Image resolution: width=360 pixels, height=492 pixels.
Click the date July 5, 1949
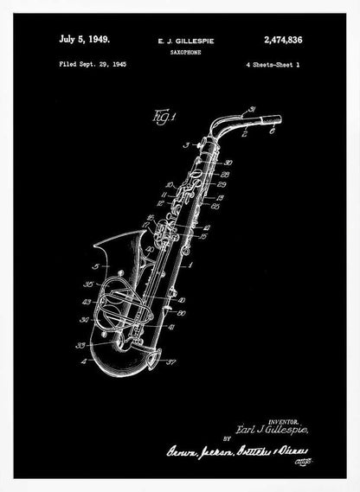[x=84, y=38]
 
